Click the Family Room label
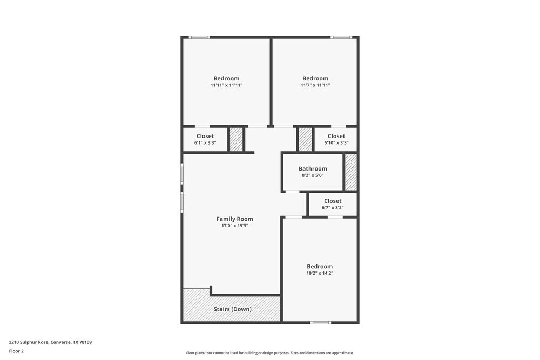coord(234,219)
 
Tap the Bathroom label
coord(313,168)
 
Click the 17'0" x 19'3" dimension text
coord(234,226)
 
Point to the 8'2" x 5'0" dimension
coord(313,175)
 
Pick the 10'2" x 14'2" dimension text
coord(320,273)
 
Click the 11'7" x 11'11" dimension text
coord(315,85)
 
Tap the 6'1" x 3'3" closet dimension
coord(205,143)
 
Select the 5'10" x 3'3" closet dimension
coord(336,143)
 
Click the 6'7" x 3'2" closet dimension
coord(333,207)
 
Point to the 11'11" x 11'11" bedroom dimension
coord(226,85)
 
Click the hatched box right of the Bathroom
coord(351,172)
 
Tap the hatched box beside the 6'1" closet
coord(236,140)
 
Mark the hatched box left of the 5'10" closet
coord(305,140)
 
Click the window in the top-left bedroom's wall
coord(199,37)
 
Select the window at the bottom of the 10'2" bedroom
coord(320,323)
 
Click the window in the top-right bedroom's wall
coord(341,37)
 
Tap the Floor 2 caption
coord(16,351)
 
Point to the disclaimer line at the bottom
coord(270,353)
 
